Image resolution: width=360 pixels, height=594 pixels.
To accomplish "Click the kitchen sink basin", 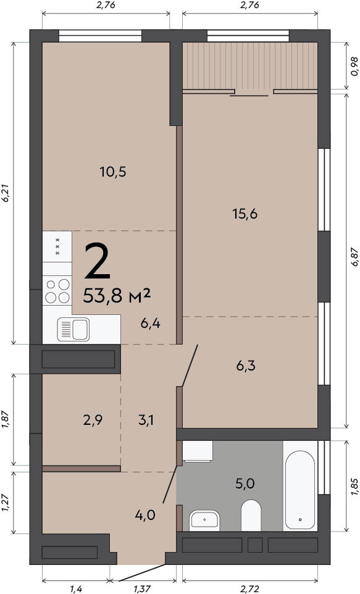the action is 73,329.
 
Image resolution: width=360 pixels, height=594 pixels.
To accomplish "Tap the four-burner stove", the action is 57,291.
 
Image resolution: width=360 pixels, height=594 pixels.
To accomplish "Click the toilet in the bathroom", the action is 251,515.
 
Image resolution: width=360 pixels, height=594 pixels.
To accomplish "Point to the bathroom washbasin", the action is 204,519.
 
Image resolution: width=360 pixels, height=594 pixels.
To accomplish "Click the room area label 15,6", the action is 245,214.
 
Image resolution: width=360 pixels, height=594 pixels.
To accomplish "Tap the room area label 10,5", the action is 113,172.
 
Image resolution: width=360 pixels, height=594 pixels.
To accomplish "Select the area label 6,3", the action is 246,366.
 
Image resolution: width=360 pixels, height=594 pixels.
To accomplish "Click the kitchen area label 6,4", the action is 150,324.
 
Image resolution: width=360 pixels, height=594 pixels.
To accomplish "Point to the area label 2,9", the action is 93,420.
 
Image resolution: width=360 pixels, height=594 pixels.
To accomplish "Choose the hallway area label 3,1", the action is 146,420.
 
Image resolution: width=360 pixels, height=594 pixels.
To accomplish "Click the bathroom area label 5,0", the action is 245,483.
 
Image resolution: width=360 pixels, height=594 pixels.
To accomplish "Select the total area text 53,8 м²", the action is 117,296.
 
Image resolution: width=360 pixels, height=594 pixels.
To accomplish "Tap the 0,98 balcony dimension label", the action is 354,66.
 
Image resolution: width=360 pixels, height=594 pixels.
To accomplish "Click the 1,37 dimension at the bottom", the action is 143,588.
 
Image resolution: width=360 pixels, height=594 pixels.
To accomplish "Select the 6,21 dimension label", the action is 6,194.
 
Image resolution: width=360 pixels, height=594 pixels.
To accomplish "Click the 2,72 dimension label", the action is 249,588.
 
